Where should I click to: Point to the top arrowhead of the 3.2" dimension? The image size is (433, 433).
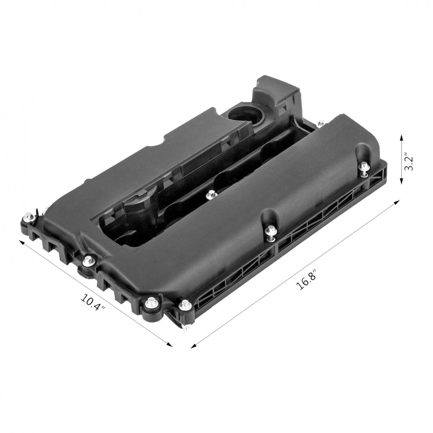click(401, 137)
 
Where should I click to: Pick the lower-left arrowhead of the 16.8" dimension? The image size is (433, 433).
click(194, 345)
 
